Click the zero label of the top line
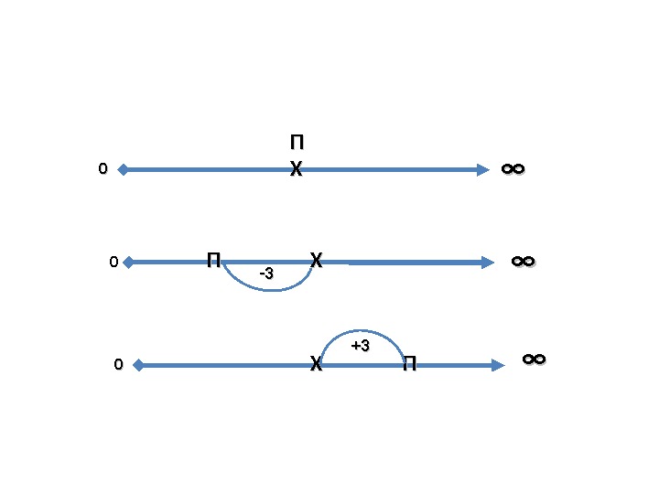click(103, 169)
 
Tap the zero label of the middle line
click(113, 263)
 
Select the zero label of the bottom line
click(117, 365)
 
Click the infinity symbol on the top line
click(513, 169)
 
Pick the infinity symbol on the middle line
click(523, 262)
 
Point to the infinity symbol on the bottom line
click(534, 360)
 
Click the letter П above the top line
click(297, 144)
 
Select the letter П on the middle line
click(213, 260)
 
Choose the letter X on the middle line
click(316, 260)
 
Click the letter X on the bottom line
click(316, 365)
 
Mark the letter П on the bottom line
click(409, 366)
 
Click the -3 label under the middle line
click(266, 274)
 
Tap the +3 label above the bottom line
click(360, 345)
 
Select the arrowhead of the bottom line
click(498, 365)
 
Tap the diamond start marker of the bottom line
click(137, 365)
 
